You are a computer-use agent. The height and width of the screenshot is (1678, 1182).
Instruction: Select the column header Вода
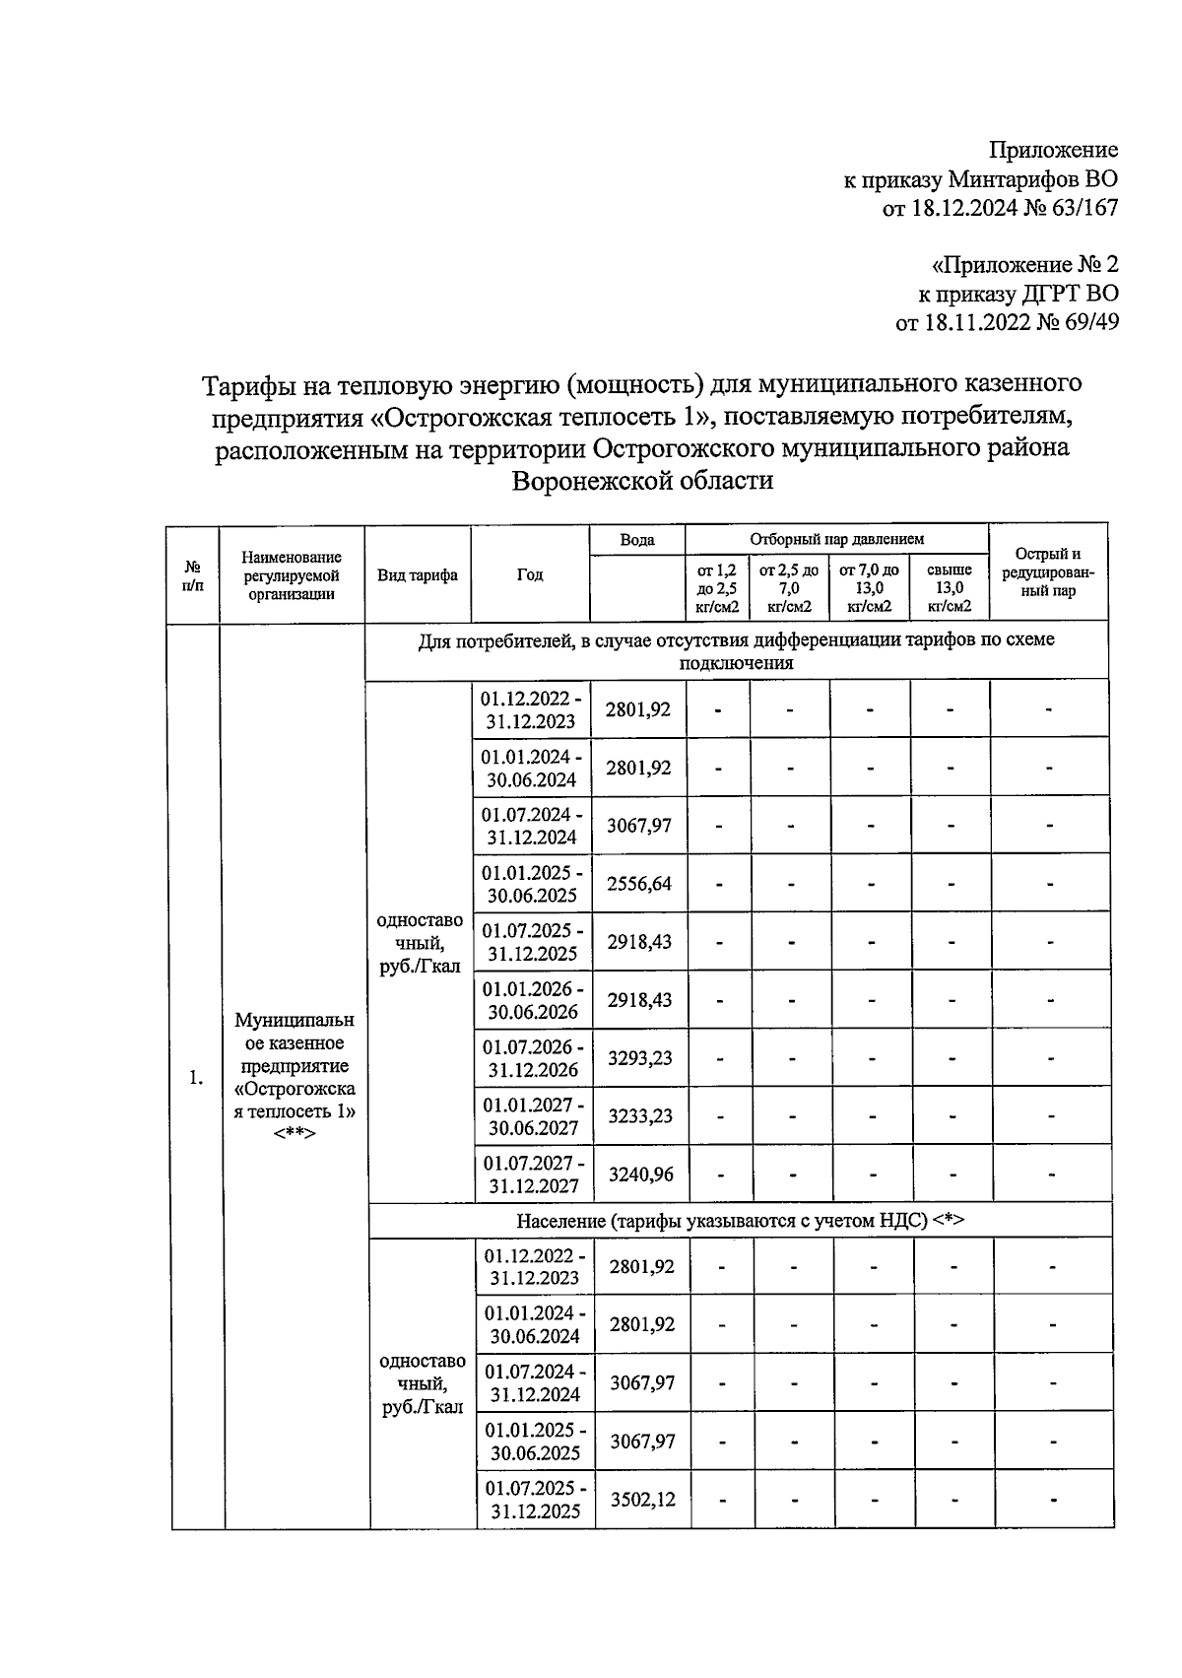point(637,540)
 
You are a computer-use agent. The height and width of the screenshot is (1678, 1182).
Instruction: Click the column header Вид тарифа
point(418,575)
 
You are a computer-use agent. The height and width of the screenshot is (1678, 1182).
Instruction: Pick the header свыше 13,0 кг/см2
point(949,588)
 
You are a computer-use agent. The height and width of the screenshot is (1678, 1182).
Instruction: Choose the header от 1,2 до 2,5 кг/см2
point(717,588)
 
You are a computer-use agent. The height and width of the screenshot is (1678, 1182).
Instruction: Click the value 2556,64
point(638,884)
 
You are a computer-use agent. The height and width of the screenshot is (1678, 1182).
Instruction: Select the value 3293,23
point(639,1058)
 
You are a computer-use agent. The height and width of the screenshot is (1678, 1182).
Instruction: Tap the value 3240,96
point(640,1175)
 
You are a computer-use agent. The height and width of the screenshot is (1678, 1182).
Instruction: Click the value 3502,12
point(642,1500)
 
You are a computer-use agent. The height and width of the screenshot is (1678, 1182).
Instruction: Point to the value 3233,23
point(640,1116)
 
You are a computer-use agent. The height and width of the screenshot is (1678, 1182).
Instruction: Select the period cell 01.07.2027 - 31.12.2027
point(533,1175)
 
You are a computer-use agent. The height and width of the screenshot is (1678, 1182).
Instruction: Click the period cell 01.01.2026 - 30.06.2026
point(532,1000)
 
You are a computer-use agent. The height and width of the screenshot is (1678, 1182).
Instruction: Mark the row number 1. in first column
point(197,1078)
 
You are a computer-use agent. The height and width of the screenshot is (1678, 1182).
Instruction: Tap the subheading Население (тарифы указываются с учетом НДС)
point(740,1221)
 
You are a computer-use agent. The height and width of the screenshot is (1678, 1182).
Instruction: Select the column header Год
point(530,575)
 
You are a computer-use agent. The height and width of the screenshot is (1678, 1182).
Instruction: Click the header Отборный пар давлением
point(836,540)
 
